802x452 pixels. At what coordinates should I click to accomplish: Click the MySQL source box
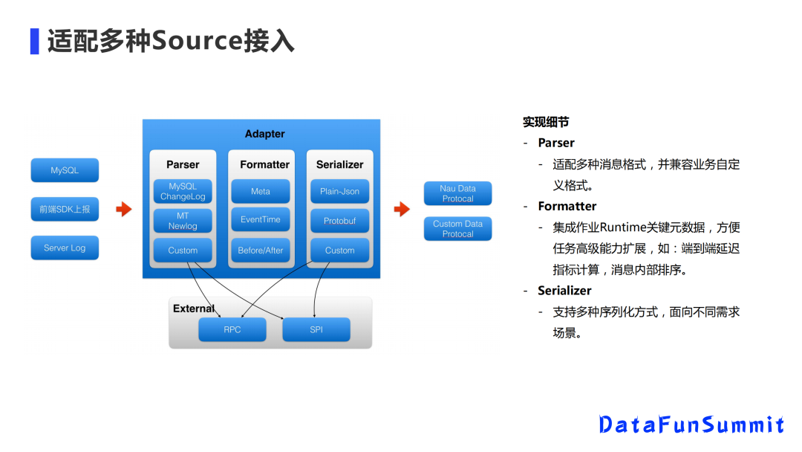pyautogui.click(x=65, y=170)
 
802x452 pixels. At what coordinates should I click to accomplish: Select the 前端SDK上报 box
pyautogui.click(x=65, y=210)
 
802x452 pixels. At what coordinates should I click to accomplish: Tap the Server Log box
pyautogui.click(x=65, y=248)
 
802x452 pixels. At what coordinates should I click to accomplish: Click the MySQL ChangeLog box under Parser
pyautogui.click(x=183, y=191)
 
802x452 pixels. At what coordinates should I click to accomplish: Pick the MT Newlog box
pyautogui.click(x=183, y=221)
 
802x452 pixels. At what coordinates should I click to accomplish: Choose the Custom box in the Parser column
pyautogui.click(x=183, y=251)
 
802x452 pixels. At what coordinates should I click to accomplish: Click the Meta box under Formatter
pyautogui.click(x=261, y=191)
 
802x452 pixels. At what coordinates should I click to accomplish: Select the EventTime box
pyautogui.click(x=261, y=220)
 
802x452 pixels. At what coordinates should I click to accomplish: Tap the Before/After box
pyautogui.click(x=261, y=251)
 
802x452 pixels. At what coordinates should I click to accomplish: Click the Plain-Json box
pyautogui.click(x=339, y=191)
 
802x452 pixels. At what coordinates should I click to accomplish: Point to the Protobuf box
pyautogui.click(x=339, y=221)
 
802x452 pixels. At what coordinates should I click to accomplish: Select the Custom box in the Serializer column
pyautogui.click(x=339, y=251)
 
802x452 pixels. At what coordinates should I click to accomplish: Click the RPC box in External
pyautogui.click(x=232, y=329)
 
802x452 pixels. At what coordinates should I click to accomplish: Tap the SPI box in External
pyautogui.click(x=316, y=329)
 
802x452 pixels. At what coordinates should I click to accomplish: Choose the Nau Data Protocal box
pyautogui.click(x=458, y=193)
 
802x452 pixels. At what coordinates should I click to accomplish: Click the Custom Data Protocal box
pyautogui.click(x=458, y=228)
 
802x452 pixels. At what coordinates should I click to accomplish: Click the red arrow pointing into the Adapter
pyautogui.click(x=124, y=210)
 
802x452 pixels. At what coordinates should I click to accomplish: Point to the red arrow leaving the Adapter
pyautogui.click(x=402, y=210)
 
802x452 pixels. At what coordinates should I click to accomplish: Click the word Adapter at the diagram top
pyautogui.click(x=264, y=134)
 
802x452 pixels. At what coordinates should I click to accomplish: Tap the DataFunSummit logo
pyautogui.click(x=691, y=424)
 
